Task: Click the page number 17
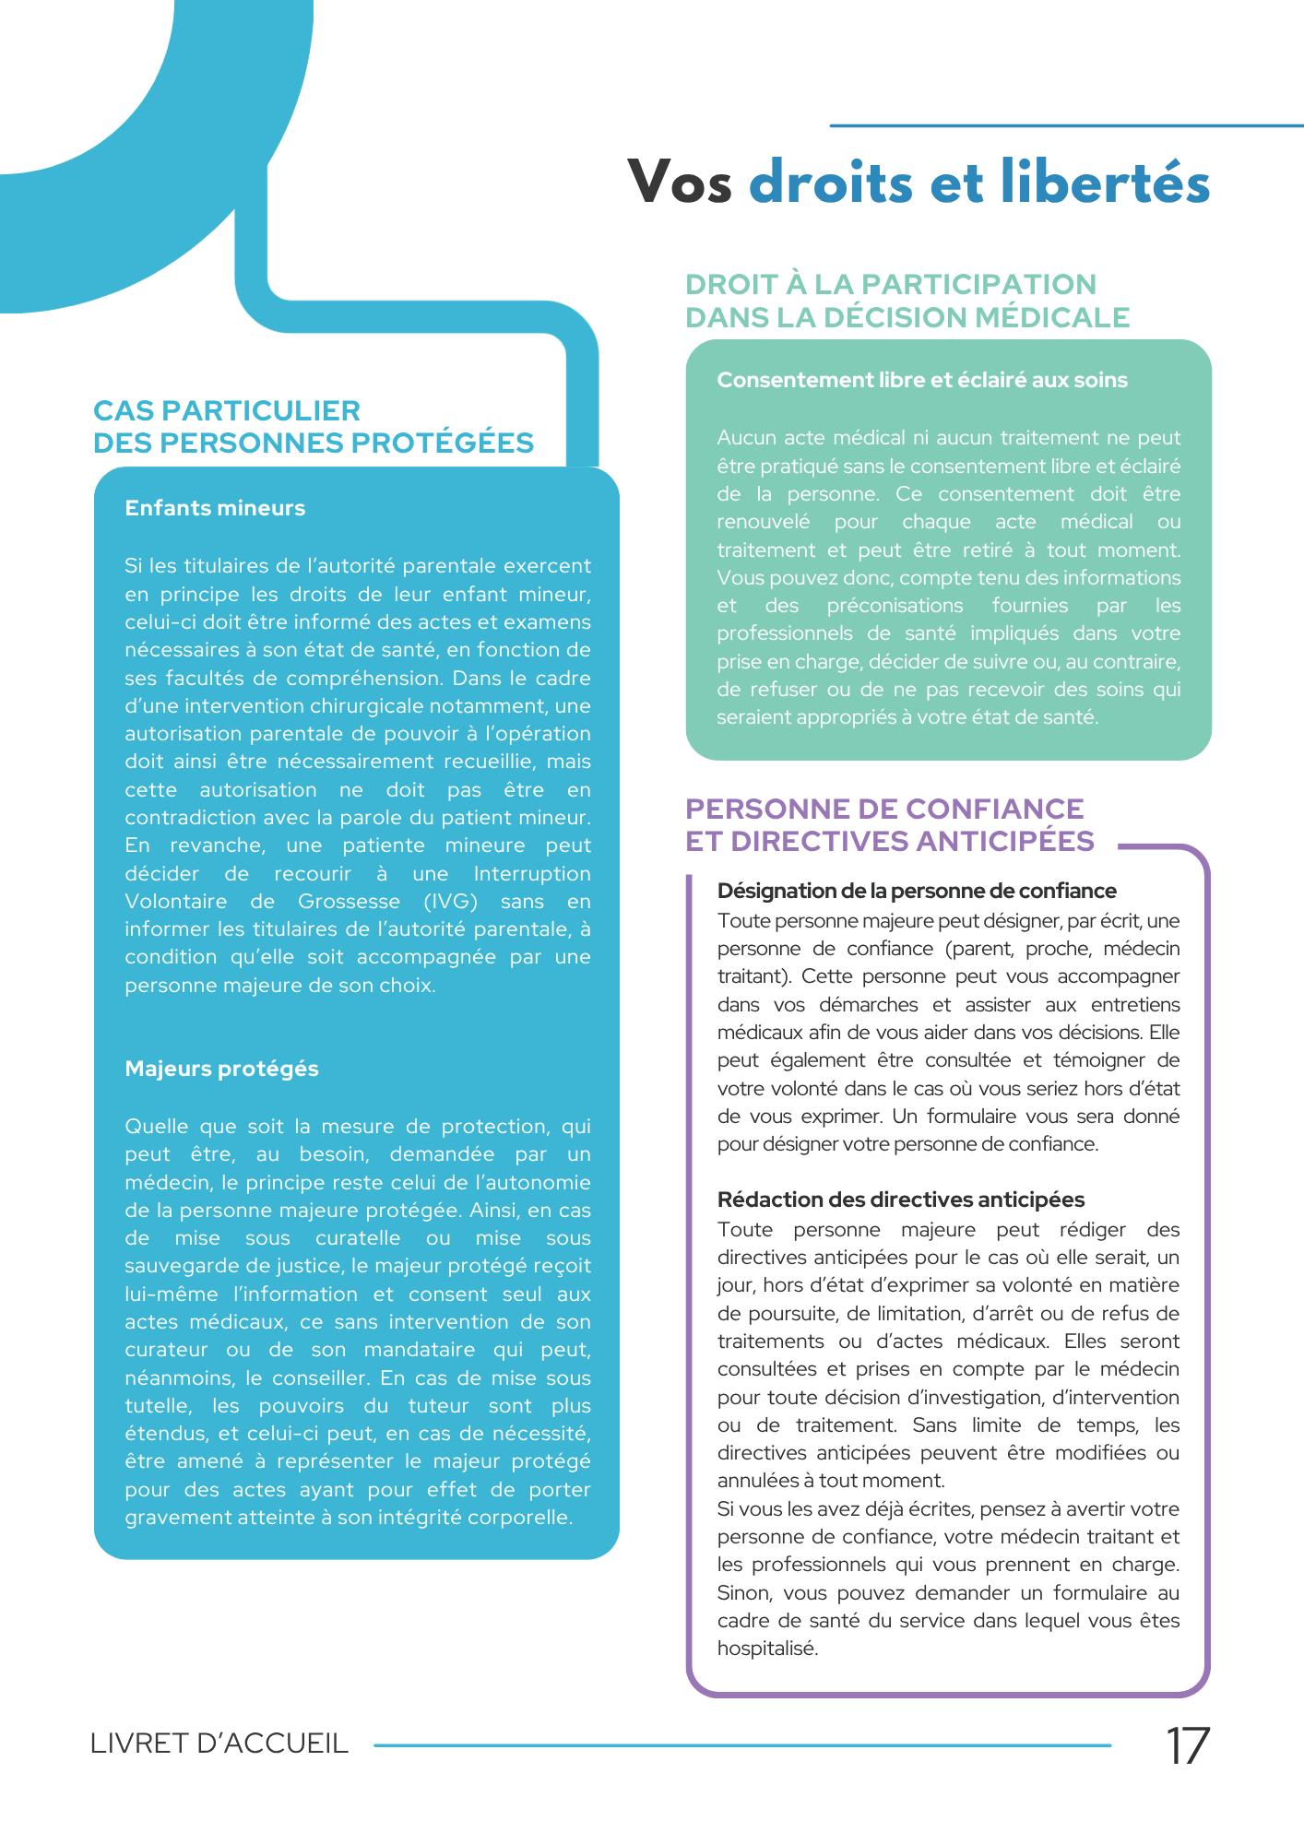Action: click(x=1187, y=1745)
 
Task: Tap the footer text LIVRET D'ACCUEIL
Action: click(x=219, y=1744)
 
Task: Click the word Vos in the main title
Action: click(x=680, y=182)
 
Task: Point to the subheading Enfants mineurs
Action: click(x=215, y=508)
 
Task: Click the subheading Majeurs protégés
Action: click(x=221, y=1069)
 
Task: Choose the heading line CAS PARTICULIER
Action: click(x=227, y=410)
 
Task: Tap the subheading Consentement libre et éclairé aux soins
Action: click(x=922, y=380)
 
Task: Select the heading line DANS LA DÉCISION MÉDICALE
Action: click(x=907, y=317)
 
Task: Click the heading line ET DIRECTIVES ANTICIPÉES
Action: click(x=890, y=841)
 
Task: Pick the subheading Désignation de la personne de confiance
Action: click(x=917, y=891)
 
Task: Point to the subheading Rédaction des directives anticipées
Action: click(x=901, y=1200)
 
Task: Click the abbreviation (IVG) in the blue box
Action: click(x=450, y=902)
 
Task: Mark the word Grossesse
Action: click(x=349, y=902)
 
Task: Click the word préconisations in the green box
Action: click(x=895, y=606)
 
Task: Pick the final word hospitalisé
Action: click(x=767, y=1649)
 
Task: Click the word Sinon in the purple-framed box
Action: click(x=743, y=1593)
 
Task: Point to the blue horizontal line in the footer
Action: click(x=742, y=1744)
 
